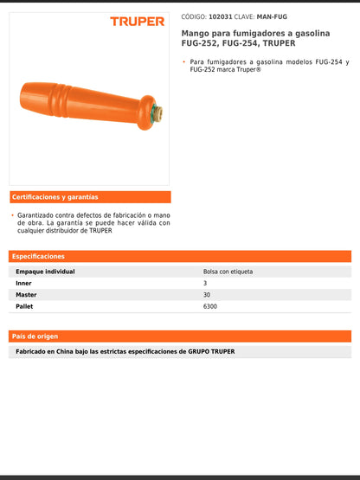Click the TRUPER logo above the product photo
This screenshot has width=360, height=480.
[x=137, y=21]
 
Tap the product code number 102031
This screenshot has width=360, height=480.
[x=221, y=16]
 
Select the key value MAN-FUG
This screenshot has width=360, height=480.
[x=272, y=16]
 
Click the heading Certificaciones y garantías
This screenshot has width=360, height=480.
[x=56, y=197]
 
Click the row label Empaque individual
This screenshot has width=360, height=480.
[x=45, y=272]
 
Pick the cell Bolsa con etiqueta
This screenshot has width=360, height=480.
[x=228, y=272]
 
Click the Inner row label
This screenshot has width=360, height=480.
[x=23, y=283]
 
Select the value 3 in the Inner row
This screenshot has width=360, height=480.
[x=205, y=283]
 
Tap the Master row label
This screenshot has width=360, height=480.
[x=26, y=295]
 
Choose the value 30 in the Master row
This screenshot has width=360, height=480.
[x=207, y=295]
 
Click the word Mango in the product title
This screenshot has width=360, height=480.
[x=194, y=32]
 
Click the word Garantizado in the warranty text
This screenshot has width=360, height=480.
[x=41, y=214]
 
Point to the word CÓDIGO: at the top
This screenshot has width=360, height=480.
[x=193, y=16]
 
